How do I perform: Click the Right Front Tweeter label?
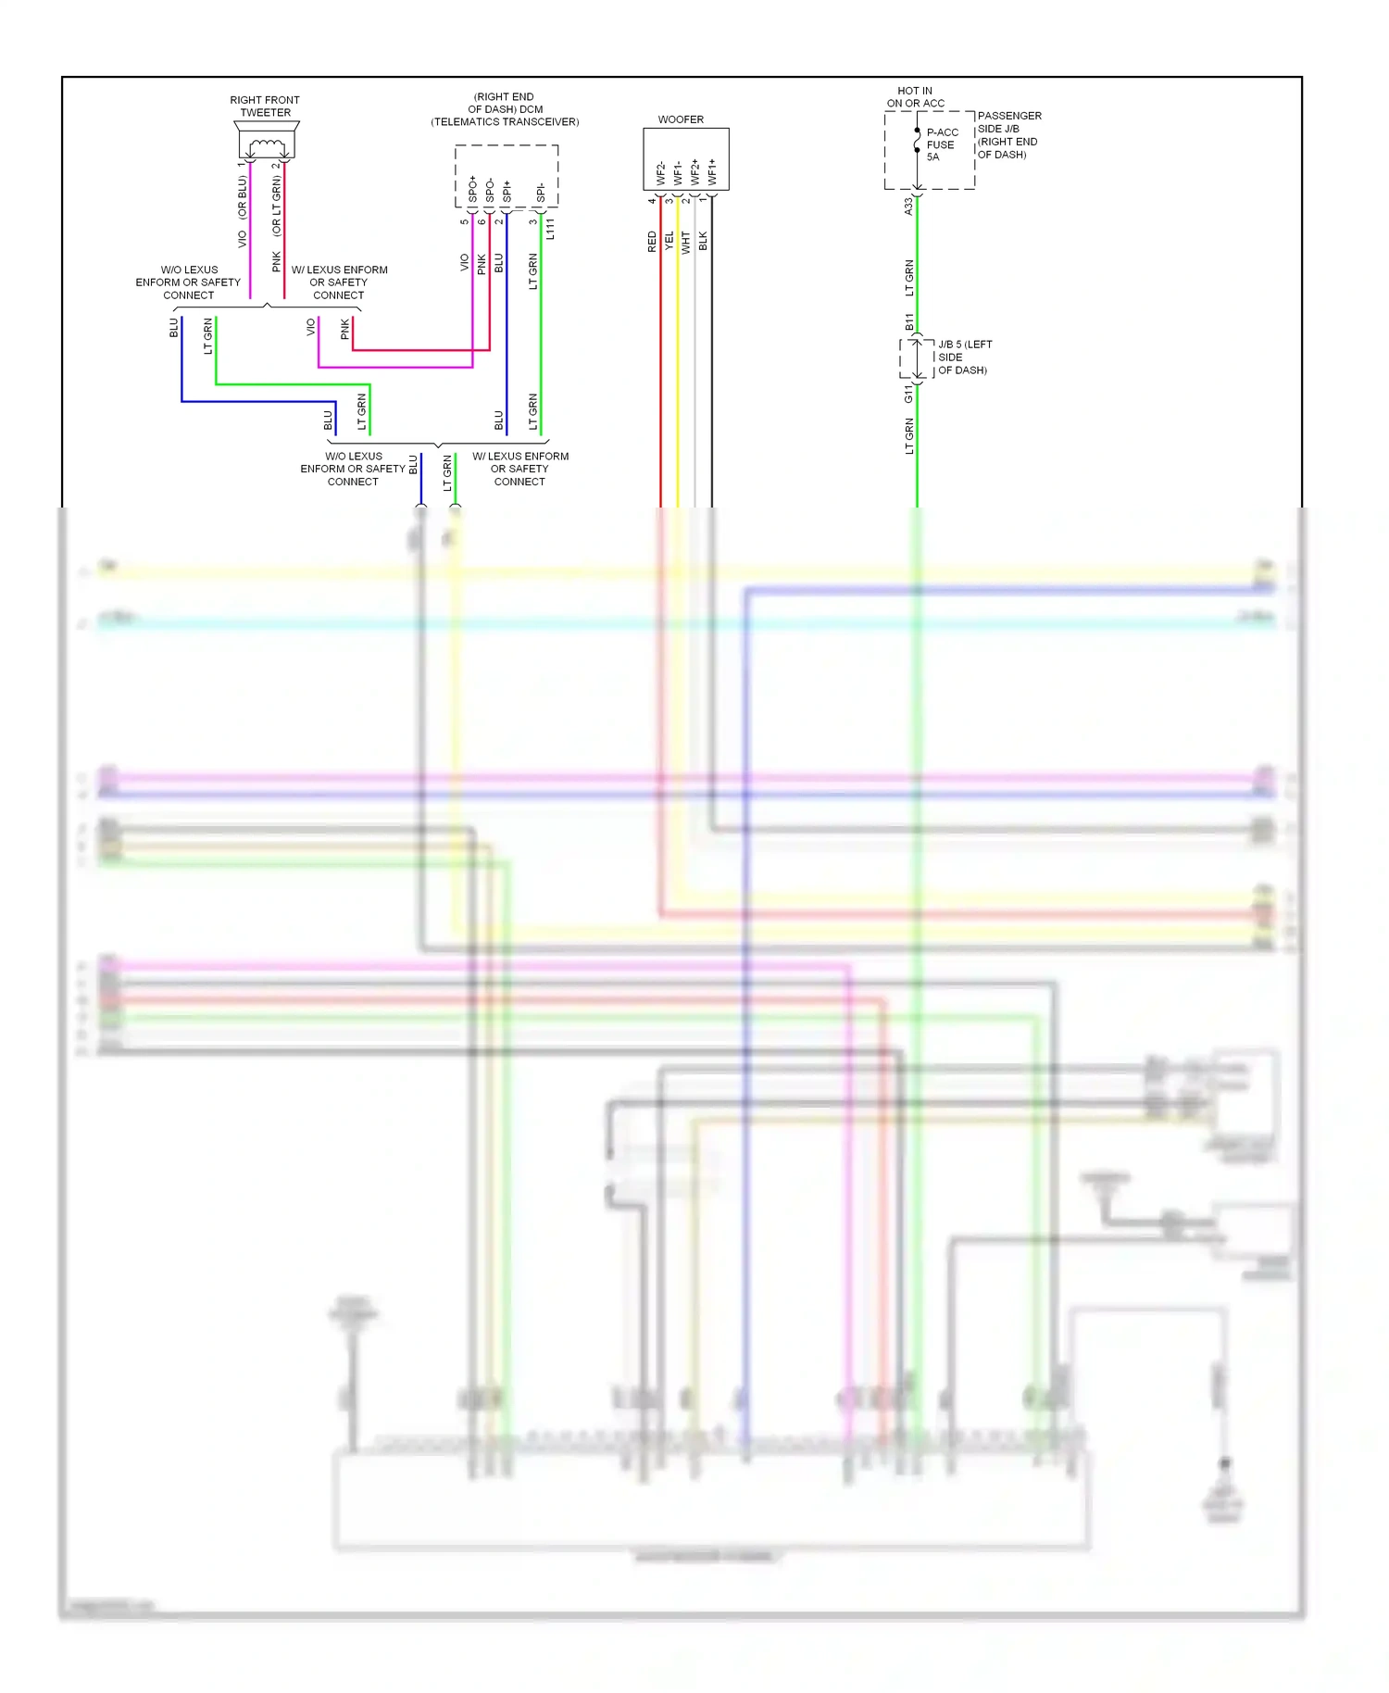click(265, 106)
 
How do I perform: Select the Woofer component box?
click(685, 158)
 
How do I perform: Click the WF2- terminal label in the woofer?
click(661, 173)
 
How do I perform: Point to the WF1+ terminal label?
click(712, 171)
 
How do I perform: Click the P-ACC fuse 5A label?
click(942, 144)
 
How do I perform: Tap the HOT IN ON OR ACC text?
click(915, 97)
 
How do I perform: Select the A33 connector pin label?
click(908, 206)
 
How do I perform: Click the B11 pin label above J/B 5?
click(909, 321)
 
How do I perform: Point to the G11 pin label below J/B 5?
click(909, 395)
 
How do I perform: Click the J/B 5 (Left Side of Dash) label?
click(964, 357)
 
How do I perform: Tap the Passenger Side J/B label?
click(1008, 135)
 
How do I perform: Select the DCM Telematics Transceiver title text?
click(505, 109)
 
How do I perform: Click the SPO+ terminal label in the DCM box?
click(472, 189)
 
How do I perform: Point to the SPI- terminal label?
click(541, 193)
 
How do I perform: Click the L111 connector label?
click(550, 229)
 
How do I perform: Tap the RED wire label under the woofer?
click(652, 242)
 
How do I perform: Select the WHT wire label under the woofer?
click(686, 242)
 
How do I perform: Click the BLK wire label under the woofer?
click(703, 242)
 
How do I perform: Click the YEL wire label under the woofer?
click(669, 242)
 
